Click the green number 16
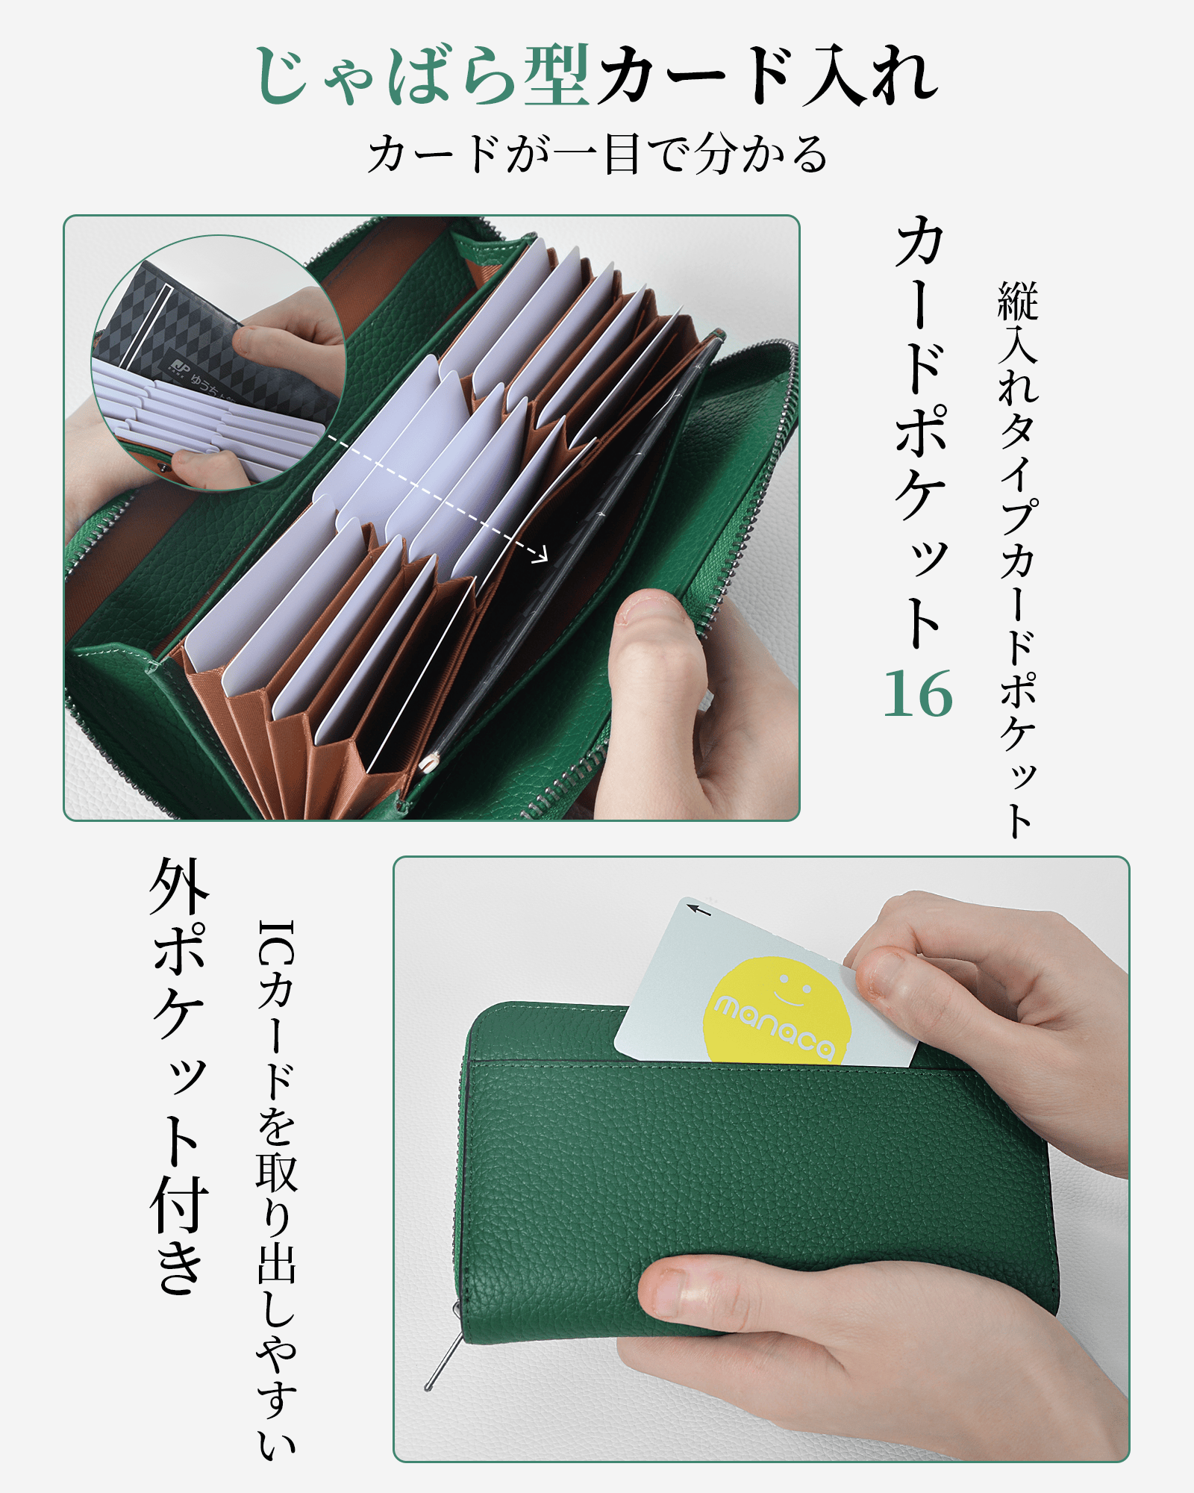pyautogui.click(x=918, y=693)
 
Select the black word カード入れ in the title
pyautogui.click(x=769, y=75)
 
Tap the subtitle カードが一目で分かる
pyautogui.click(x=597, y=155)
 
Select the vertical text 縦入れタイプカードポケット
pyautogui.click(x=1018, y=559)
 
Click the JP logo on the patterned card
pyautogui.click(x=179, y=367)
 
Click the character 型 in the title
pyautogui.click(x=557, y=75)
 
